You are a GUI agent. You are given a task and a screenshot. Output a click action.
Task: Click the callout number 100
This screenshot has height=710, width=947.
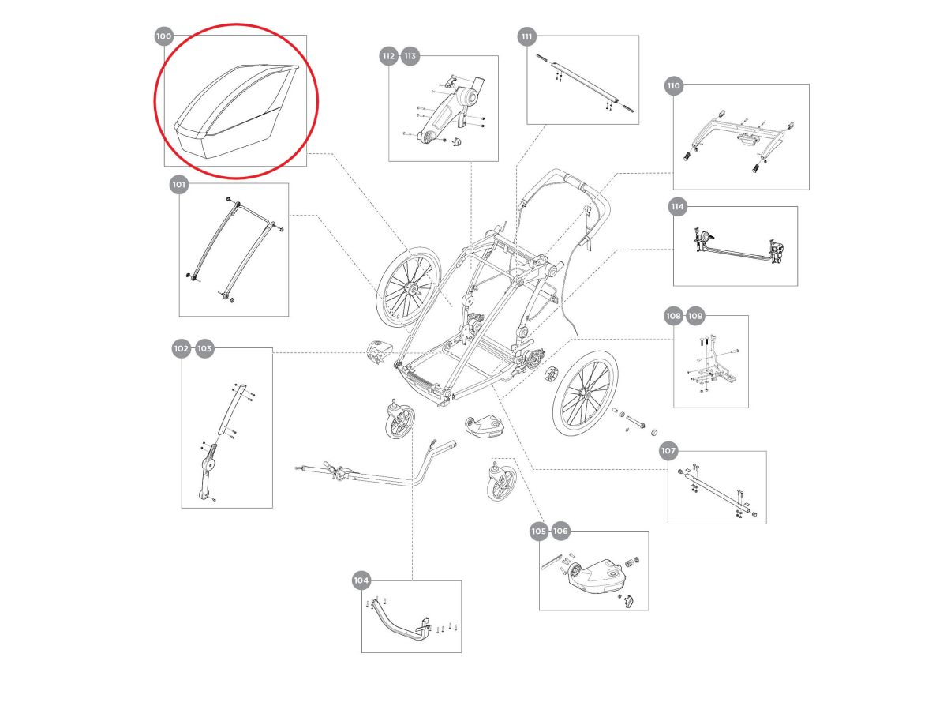[163, 36]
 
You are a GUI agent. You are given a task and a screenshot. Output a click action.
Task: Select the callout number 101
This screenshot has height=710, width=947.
[179, 185]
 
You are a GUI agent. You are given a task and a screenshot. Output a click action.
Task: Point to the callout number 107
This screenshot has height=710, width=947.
[668, 451]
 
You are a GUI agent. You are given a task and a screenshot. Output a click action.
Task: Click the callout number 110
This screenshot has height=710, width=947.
[673, 85]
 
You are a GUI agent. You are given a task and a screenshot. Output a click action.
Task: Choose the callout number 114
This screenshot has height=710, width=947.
[677, 207]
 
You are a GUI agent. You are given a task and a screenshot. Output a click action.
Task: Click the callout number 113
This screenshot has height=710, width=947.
[410, 57]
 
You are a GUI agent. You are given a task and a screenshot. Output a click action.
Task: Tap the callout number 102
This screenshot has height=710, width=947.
[182, 348]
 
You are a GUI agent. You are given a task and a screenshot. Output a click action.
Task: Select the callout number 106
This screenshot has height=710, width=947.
[560, 532]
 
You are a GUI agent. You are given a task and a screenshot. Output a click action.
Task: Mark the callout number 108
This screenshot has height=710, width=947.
[672, 316]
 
